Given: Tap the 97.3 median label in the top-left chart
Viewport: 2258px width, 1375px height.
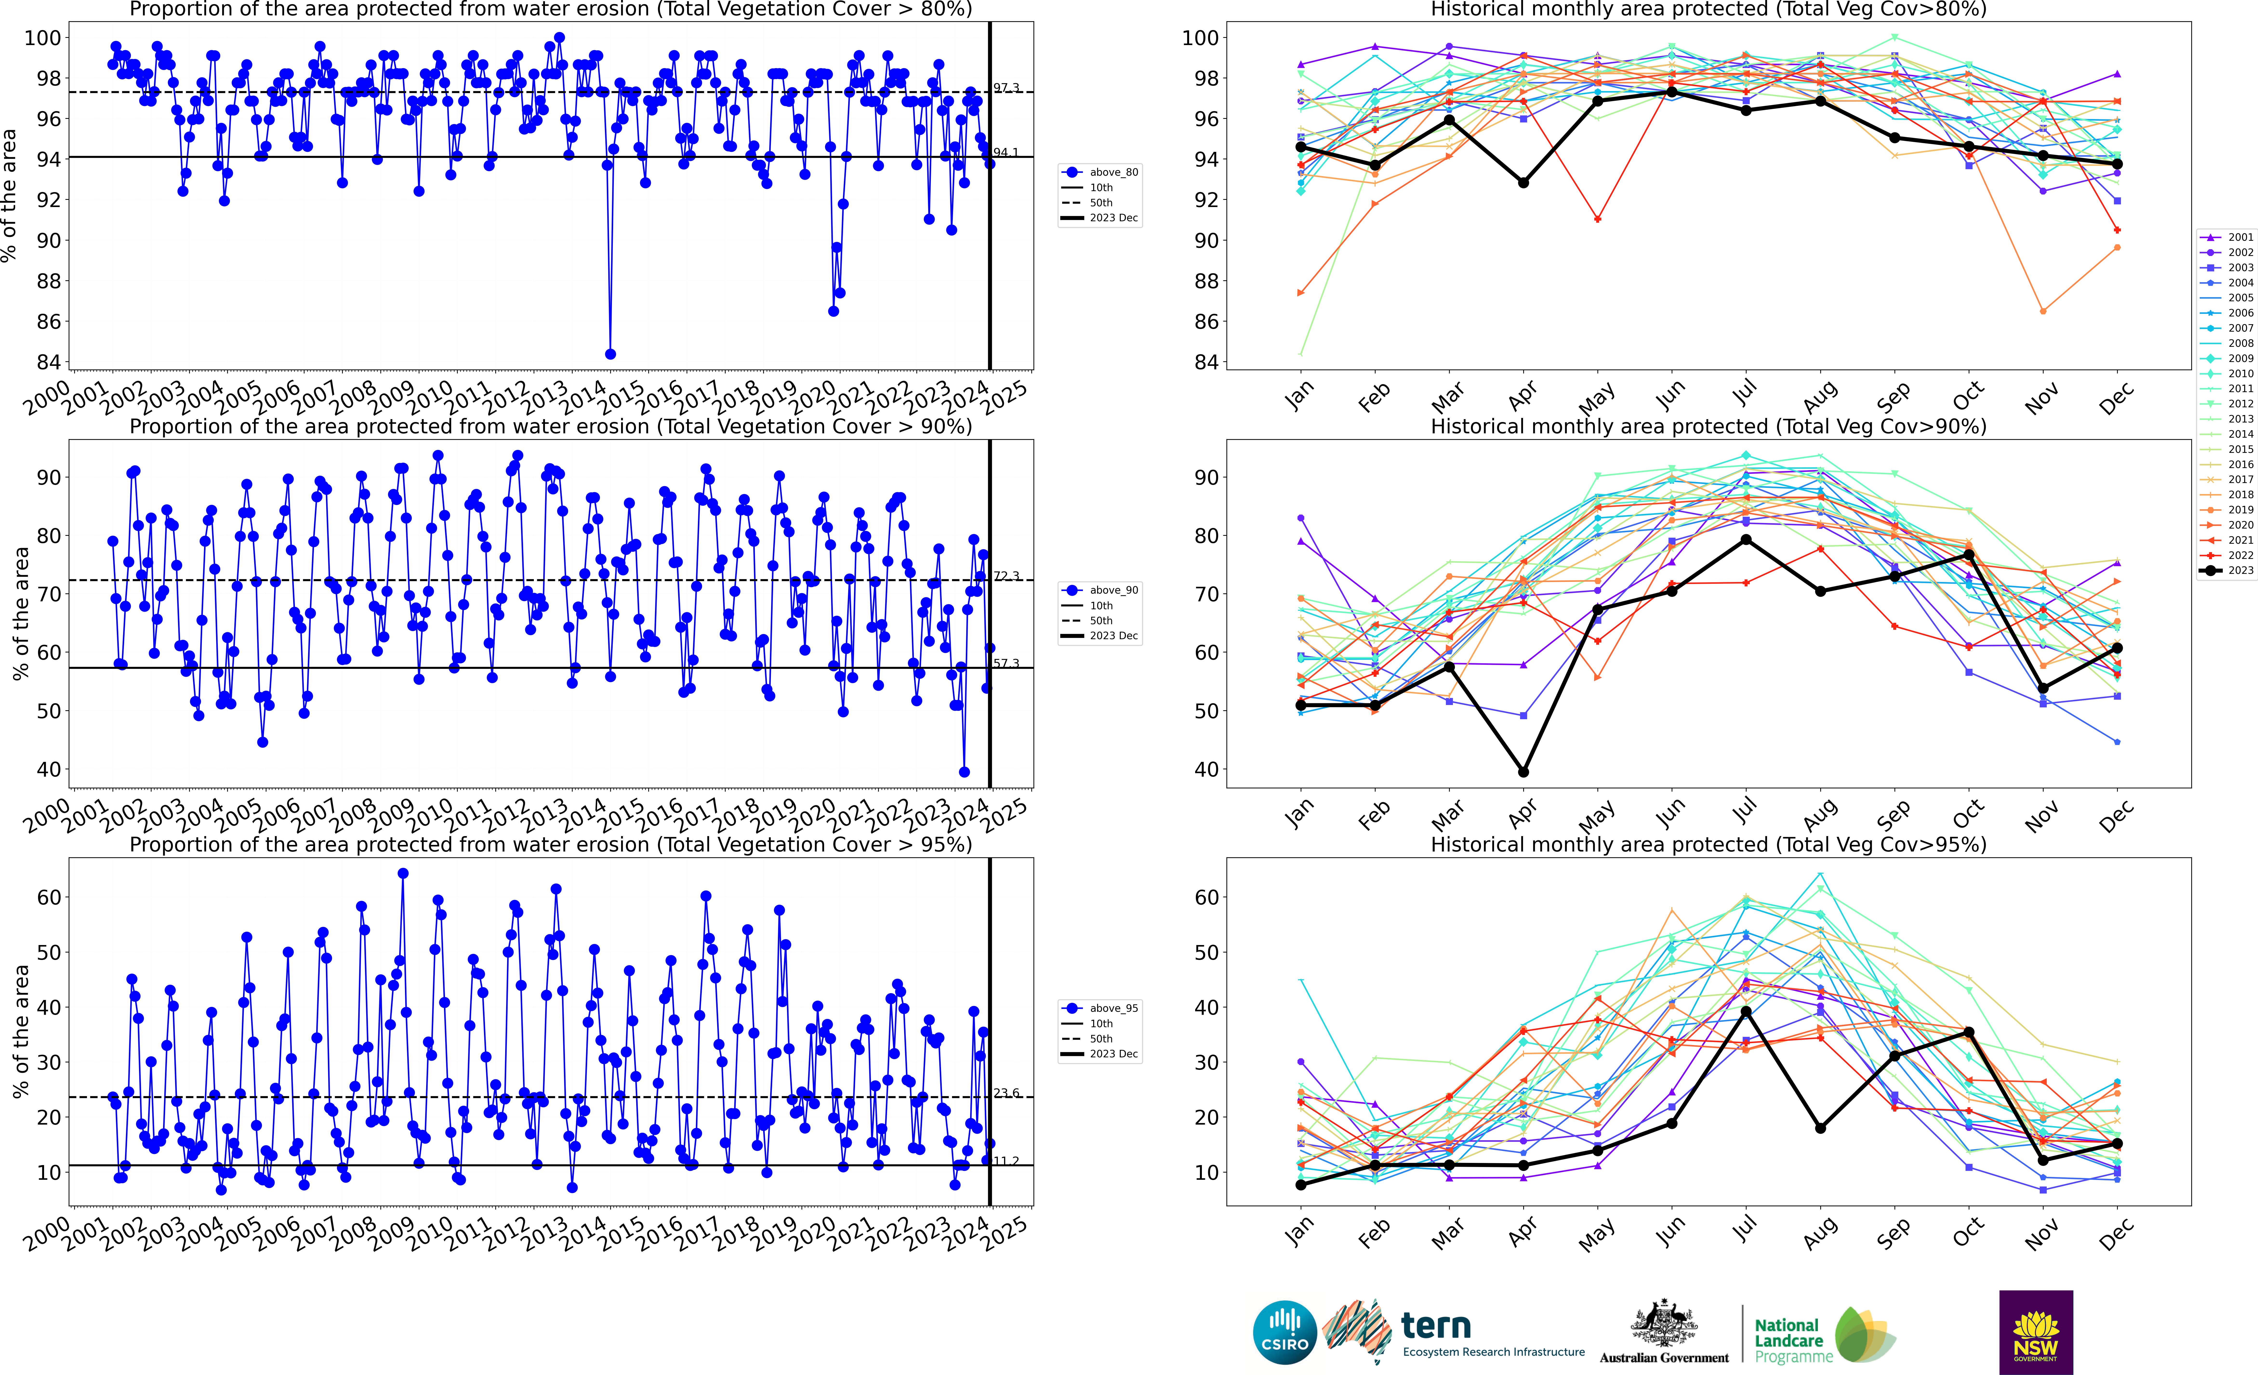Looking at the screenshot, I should tap(1006, 88).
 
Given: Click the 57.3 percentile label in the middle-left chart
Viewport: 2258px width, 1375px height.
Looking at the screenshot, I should tap(1006, 663).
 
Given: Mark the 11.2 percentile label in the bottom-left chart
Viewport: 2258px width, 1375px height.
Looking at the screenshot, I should tap(1006, 1160).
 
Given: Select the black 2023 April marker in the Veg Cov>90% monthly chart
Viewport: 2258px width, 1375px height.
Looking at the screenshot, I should tap(1523, 772).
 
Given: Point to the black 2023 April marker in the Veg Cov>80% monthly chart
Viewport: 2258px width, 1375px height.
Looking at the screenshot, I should tap(1523, 182).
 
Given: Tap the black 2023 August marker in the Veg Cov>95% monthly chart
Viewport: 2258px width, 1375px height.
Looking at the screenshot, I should tap(1820, 1127).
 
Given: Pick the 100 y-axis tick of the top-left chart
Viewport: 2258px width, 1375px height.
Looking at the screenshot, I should tap(42, 39).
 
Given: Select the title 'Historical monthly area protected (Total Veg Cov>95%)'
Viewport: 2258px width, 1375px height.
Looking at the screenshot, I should tap(1708, 844).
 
